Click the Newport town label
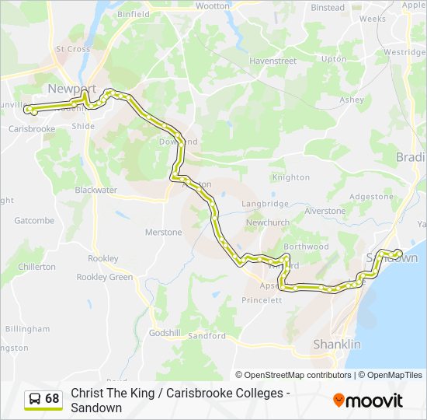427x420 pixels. point(71,87)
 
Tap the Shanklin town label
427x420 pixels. point(336,344)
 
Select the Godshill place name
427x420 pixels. point(164,332)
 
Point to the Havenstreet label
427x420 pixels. point(273,60)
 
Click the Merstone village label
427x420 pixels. point(163,233)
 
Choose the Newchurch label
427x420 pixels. point(267,222)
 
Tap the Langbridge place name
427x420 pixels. point(265,204)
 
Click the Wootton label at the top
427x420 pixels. point(213,6)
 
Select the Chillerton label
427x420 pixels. point(36,267)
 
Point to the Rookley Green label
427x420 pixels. point(105,277)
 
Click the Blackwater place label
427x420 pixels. point(95,190)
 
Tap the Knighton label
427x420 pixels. point(291,177)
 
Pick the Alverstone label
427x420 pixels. point(325,211)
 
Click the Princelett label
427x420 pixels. point(262,300)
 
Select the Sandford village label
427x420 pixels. point(207,336)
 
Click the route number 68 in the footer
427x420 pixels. point(52,399)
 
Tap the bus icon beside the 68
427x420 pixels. point(35,399)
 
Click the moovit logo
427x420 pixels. point(368,401)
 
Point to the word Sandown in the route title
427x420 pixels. point(96,408)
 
